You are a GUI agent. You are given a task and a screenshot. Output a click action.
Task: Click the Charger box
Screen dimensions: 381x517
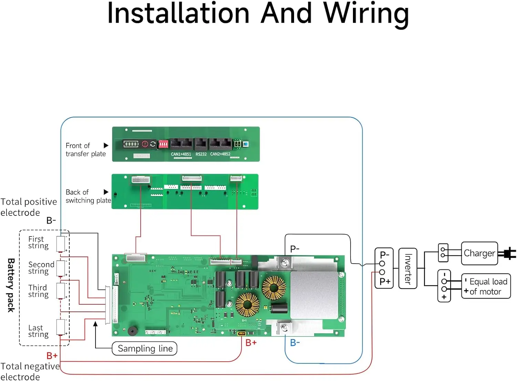tap(479, 253)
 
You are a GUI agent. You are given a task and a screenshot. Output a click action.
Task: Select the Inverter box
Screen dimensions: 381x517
tap(408, 268)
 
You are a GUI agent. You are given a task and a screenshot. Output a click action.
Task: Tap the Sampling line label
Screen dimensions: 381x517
tap(145, 349)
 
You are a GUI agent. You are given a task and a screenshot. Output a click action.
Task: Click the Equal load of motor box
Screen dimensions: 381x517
tap(486, 286)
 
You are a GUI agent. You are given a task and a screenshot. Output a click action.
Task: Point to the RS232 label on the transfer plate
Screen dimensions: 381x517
tap(201, 154)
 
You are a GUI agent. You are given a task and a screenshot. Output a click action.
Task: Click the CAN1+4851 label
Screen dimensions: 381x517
tap(181, 154)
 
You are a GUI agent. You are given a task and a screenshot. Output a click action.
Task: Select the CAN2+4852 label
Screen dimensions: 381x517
tap(220, 154)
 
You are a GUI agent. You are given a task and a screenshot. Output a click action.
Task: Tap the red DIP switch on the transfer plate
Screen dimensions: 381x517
tap(163, 144)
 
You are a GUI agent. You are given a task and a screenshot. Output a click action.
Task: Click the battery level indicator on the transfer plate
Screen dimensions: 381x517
tap(131, 144)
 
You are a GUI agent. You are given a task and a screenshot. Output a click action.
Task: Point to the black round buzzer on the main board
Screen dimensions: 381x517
tap(132, 331)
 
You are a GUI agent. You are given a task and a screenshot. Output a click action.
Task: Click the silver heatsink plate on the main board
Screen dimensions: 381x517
tap(314, 295)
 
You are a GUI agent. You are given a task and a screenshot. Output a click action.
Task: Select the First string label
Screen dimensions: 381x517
tap(38, 242)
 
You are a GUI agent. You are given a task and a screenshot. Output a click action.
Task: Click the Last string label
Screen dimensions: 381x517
tap(38, 331)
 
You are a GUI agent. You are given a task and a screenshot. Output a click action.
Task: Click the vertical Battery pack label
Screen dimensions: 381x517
tap(11, 285)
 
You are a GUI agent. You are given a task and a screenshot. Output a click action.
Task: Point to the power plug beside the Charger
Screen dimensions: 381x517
tap(508, 254)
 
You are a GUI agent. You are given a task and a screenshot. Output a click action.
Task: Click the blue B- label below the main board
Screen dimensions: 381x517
tap(295, 343)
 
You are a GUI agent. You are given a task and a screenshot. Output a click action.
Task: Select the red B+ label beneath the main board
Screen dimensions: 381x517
tap(251, 343)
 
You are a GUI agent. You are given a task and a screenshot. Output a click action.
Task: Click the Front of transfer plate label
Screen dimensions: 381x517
tap(85, 150)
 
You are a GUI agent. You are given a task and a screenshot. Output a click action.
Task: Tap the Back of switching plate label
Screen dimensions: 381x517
tap(88, 196)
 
